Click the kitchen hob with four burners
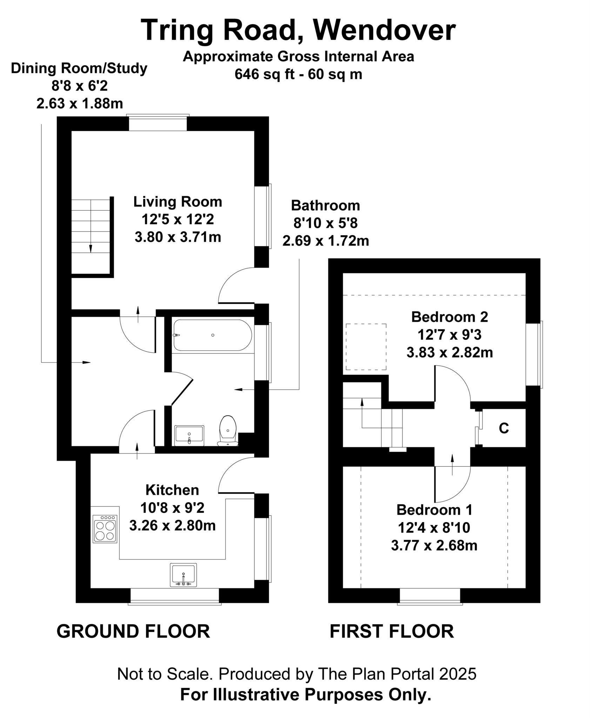[105, 529]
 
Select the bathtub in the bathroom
[212, 335]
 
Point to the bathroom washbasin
[189, 435]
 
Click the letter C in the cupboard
[504, 428]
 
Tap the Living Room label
[177, 202]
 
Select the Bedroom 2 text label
[449, 317]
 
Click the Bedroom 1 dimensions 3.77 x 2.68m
[434, 546]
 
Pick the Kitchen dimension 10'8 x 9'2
[172, 508]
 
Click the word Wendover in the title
[384, 30]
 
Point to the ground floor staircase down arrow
[90, 248]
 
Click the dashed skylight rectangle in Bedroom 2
[366, 347]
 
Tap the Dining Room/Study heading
[79, 68]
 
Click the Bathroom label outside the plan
[325, 205]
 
